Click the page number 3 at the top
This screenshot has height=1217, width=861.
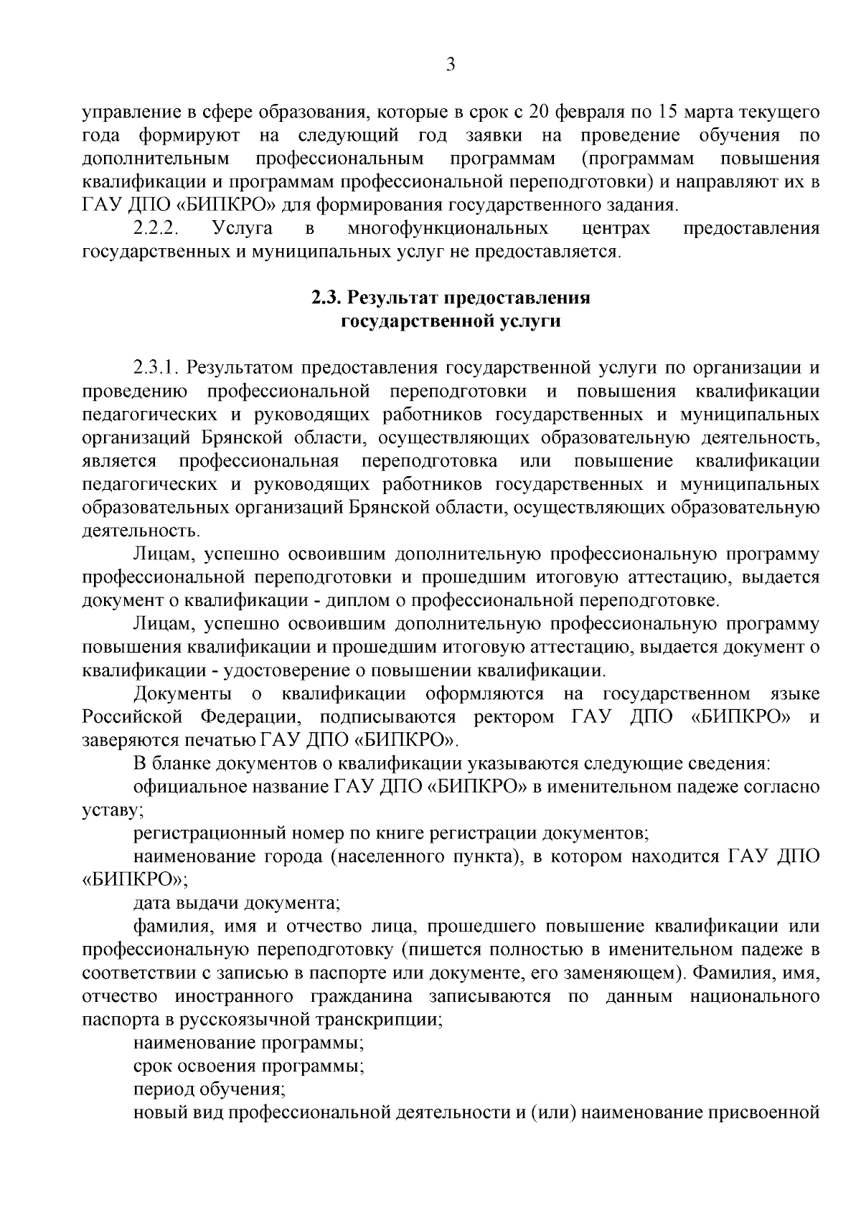(450, 65)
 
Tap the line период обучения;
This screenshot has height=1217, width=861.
(210, 1089)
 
